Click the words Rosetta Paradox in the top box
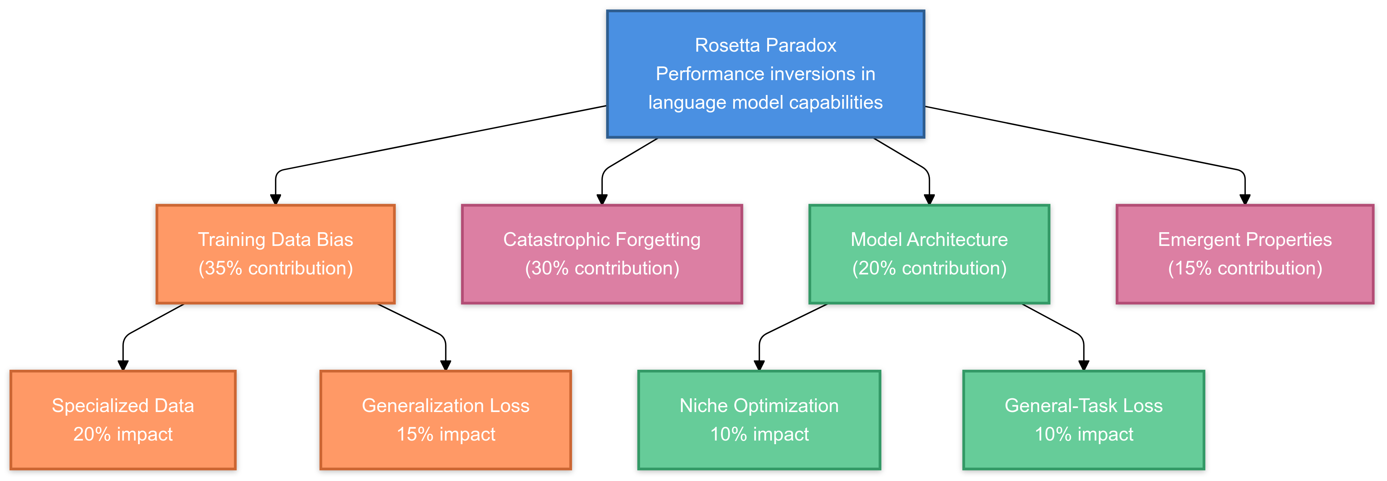[x=765, y=45]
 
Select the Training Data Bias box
[x=275, y=254]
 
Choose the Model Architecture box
[x=929, y=254]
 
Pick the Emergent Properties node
[x=1244, y=254]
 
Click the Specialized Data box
[x=123, y=420]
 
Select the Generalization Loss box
[x=445, y=420]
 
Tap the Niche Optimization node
[x=759, y=420]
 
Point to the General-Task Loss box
[x=1083, y=420]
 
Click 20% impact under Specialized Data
[x=123, y=434]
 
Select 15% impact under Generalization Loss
[x=445, y=434]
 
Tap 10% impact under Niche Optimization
[x=759, y=434]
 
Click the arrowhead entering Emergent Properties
[x=1244, y=199]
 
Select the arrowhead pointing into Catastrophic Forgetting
[x=602, y=199]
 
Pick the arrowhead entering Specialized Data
[x=123, y=365]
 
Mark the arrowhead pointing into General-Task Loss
[x=1083, y=365]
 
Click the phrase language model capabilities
[x=765, y=102]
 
